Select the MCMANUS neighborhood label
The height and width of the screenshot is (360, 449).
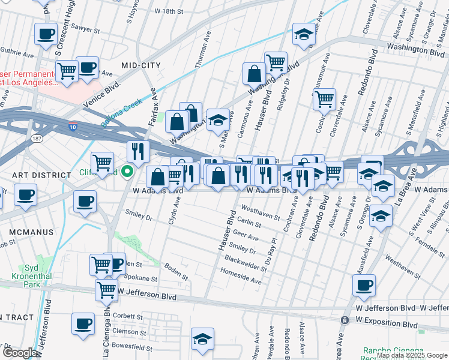click(31, 232)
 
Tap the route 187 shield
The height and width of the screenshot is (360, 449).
click(37, 138)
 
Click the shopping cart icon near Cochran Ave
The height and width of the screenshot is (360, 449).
click(324, 98)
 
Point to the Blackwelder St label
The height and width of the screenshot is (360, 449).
click(246, 262)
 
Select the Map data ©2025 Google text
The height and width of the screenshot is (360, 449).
click(412, 355)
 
